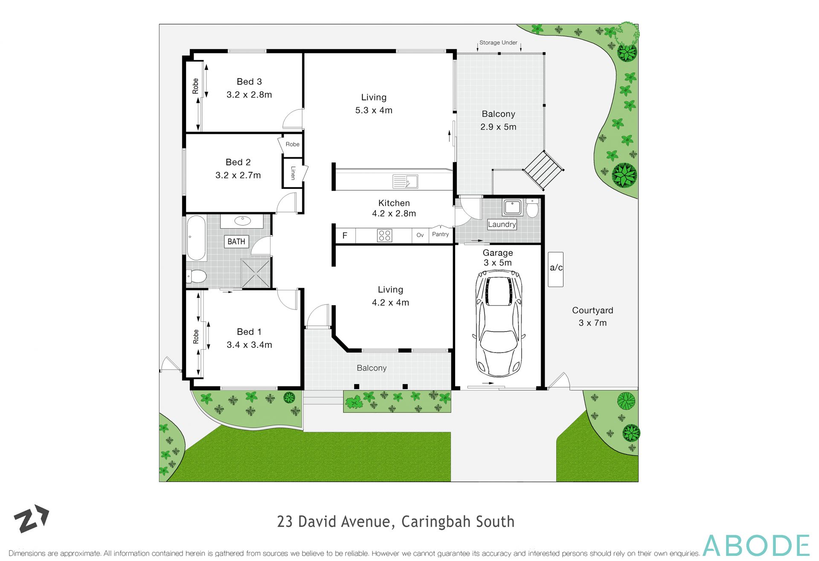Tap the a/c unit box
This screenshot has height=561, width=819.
pyautogui.click(x=555, y=269)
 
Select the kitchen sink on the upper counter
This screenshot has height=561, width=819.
pyautogui.click(x=405, y=181)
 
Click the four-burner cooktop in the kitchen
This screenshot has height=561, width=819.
pyautogui.click(x=384, y=235)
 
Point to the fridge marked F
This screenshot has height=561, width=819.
pyautogui.click(x=345, y=235)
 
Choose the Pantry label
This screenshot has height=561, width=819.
pyautogui.click(x=440, y=234)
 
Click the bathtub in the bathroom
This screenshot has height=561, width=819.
pyautogui.click(x=196, y=238)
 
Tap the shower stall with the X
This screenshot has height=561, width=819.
pyautogui.click(x=255, y=273)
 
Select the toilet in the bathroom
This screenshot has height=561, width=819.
pyautogui.click(x=197, y=276)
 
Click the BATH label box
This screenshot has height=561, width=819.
pyautogui.click(x=236, y=242)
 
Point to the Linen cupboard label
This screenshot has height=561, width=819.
pyautogui.click(x=293, y=173)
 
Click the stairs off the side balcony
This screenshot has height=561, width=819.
pyautogui.click(x=543, y=169)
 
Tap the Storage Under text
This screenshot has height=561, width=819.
pyautogui.click(x=498, y=43)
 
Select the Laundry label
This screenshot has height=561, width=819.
pyautogui.click(x=502, y=224)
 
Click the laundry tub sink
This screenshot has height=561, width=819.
pyautogui.click(x=512, y=207)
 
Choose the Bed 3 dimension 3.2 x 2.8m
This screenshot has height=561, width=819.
pyautogui.click(x=249, y=95)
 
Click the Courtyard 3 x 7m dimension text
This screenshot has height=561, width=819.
pyautogui.click(x=592, y=323)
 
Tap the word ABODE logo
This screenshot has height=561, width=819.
pyautogui.click(x=756, y=545)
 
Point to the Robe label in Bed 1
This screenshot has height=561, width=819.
pyautogui.click(x=196, y=336)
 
